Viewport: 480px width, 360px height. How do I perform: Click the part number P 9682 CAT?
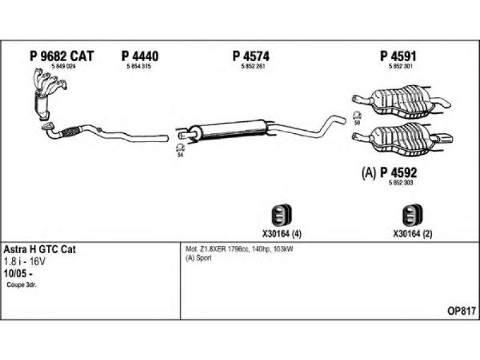tap(62, 56)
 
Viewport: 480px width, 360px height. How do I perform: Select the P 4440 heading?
tap(140, 56)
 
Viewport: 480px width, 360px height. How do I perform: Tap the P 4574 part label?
tap(250, 56)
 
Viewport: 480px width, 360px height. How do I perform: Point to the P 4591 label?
tap(398, 56)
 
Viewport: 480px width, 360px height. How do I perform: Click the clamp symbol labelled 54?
tap(179, 148)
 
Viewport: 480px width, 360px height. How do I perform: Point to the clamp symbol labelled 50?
tap(356, 116)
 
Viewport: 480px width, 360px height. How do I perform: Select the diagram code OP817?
tap(461, 311)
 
